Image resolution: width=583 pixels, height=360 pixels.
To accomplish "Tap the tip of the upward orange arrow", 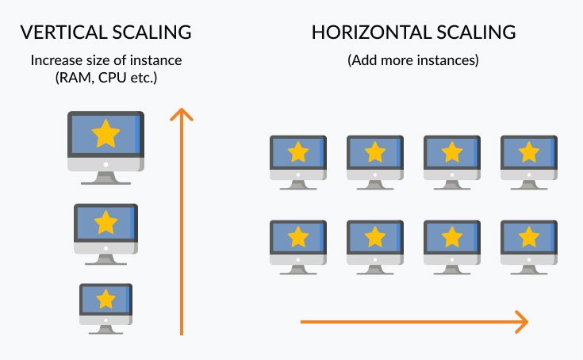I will coord(182,109).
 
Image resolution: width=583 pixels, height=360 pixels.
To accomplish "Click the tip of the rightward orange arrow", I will coord(526,322).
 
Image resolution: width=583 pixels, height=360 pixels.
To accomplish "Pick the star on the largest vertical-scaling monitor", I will coord(105,134).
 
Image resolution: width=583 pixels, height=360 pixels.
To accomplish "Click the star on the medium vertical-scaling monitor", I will coord(105,222).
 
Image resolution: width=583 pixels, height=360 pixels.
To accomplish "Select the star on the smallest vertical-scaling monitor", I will coord(105,299).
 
